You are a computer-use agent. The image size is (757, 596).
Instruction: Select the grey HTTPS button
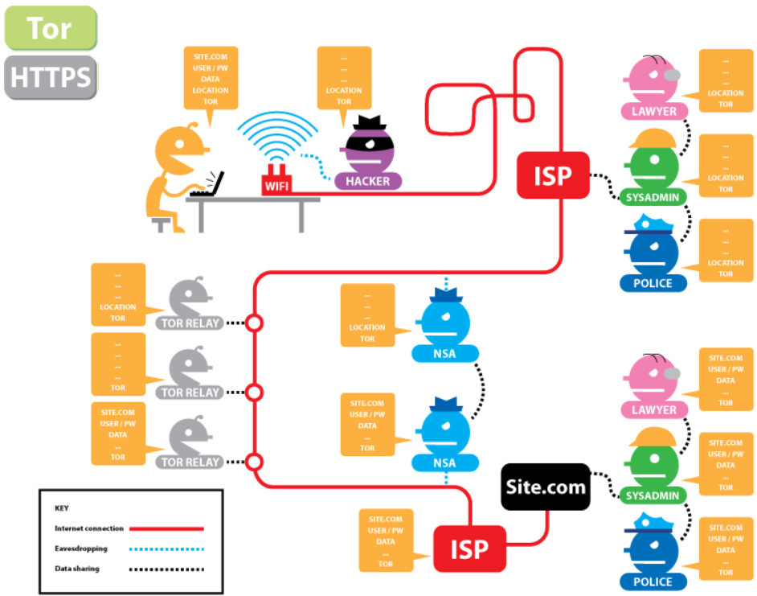tap(50, 78)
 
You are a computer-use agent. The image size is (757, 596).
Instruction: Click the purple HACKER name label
tap(367, 181)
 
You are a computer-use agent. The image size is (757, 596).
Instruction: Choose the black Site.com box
tap(546, 486)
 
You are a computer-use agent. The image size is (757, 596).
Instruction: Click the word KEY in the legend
tap(62, 508)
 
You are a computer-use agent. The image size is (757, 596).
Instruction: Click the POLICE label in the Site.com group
tap(653, 582)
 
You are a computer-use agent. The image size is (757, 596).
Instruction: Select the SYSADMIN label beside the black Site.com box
tap(653, 495)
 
